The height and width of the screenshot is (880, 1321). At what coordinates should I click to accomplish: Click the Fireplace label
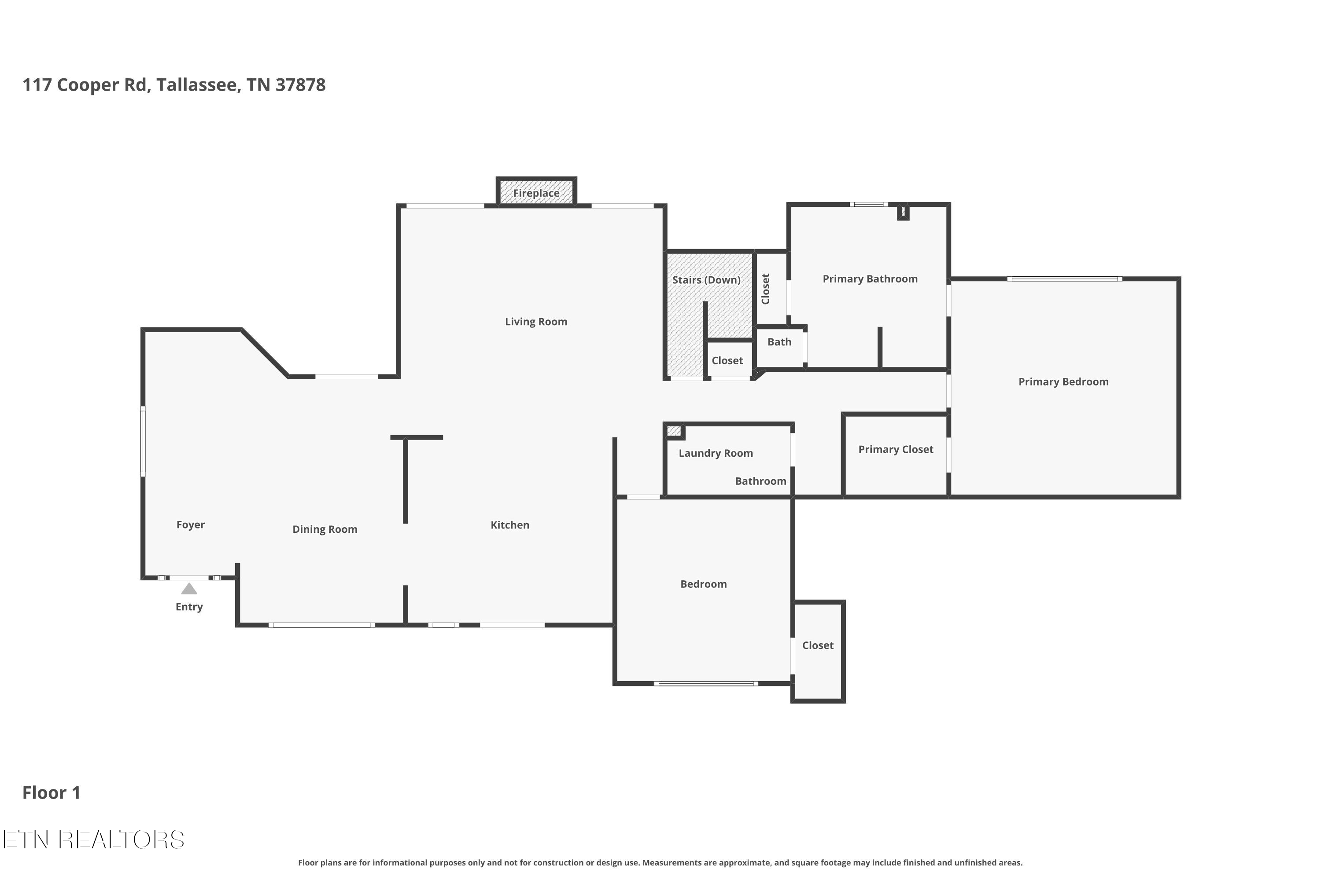point(536,193)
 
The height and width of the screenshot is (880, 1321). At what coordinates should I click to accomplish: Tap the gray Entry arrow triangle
point(189,589)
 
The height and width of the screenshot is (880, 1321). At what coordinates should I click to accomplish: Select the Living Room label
point(536,322)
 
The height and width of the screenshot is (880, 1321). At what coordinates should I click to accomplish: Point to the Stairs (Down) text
point(706,279)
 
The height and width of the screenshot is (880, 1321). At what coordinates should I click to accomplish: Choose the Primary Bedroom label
point(1063,381)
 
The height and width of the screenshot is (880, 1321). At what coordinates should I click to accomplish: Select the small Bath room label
point(779,342)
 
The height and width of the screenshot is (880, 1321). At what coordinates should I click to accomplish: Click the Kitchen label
point(509,525)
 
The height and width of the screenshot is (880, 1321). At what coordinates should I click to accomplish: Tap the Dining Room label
point(325,529)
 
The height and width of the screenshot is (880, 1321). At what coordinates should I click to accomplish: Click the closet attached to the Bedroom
point(818,645)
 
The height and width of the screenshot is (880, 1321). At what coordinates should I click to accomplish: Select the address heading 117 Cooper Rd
point(173,85)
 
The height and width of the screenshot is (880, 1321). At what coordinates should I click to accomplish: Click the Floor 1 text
point(51,792)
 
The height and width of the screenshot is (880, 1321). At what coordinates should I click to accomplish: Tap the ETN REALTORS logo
point(93,840)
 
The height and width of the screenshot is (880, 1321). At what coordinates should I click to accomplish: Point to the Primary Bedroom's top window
point(1064,279)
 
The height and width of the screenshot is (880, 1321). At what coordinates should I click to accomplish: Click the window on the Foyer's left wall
point(143,442)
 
